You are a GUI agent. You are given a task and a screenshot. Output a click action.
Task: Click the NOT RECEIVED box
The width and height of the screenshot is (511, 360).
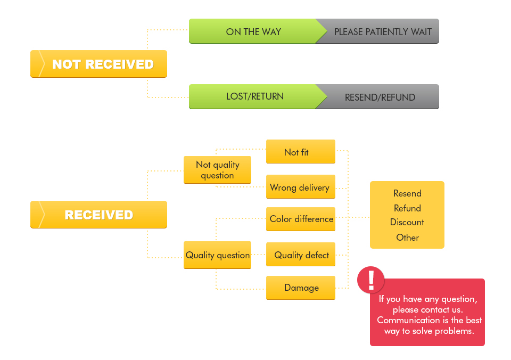(98, 64)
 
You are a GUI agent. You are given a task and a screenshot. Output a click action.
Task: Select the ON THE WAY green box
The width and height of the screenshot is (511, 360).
(253, 32)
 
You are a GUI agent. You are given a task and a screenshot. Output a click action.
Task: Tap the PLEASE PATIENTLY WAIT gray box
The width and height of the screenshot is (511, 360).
(383, 32)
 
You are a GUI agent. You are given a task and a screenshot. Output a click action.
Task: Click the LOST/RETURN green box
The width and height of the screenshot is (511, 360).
(254, 96)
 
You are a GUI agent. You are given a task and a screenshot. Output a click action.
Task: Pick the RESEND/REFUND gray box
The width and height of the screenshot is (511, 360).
(380, 97)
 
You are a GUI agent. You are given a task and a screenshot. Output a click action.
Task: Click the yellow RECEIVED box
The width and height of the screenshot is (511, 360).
(98, 215)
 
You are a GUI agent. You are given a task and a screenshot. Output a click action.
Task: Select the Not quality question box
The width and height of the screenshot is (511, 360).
(217, 170)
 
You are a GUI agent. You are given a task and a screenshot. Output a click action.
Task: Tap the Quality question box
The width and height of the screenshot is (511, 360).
(217, 256)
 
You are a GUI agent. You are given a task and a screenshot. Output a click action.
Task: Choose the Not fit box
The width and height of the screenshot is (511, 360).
(301, 152)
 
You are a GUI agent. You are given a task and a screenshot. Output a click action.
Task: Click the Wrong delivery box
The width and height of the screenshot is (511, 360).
(301, 187)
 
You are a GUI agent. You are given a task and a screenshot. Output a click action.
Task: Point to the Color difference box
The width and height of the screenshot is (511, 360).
(301, 219)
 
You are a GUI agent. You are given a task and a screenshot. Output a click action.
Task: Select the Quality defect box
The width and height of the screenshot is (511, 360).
(301, 255)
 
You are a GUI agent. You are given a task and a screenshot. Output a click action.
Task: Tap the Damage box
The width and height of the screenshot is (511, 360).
(301, 288)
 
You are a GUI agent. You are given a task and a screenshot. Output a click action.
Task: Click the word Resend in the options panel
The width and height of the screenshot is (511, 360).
(407, 193)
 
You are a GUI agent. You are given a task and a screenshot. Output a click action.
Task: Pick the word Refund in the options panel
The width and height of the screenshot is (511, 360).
(407, 208)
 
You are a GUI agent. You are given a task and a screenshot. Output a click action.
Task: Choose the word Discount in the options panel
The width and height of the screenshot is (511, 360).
(407, 222)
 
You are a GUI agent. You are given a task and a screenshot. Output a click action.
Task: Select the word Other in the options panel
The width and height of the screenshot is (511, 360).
(407, 238)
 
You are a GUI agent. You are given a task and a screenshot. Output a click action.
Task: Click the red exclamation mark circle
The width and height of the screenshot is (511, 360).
(371, 280)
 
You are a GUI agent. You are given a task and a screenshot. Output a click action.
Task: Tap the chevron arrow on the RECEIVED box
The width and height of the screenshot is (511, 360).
(40, 215)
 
